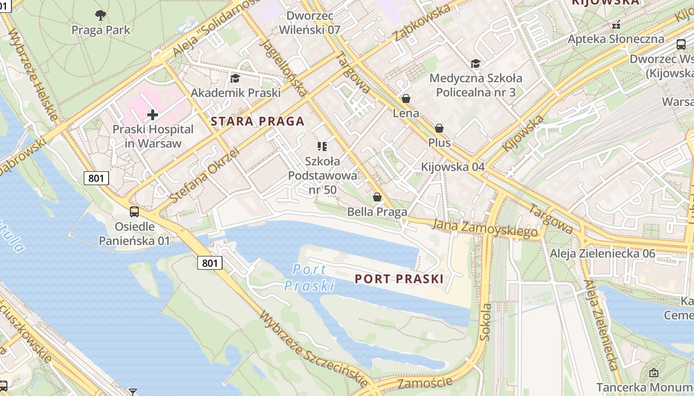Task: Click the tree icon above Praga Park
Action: [101, 15]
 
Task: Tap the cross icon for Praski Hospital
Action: [153, 115]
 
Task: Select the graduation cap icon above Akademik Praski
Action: [235, 78]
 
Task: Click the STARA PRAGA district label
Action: [257, 121]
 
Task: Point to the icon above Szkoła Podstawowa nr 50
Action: [322, 146]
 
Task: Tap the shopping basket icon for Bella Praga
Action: [377, 197]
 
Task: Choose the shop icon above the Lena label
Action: [406, 99]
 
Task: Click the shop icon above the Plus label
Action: [439, 128]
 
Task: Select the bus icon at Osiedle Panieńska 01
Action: [134, 212]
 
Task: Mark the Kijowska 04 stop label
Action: [453, 167]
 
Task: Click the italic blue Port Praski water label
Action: [309, 277]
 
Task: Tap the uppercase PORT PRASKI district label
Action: [399, 279]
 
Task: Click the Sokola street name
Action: [485, 322]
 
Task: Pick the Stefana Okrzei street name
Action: [204, 176]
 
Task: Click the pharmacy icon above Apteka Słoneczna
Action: [616, 24]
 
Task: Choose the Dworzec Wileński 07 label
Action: [309, 23]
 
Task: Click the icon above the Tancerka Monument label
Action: [653, 373]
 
